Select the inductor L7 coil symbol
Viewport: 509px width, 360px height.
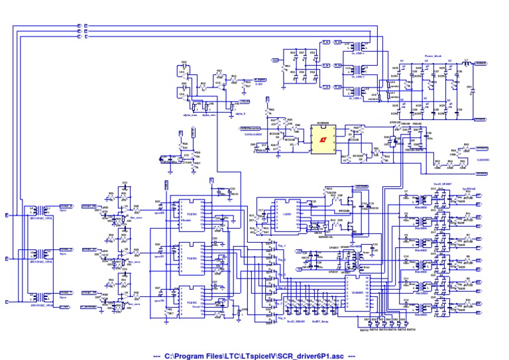pos(468,63)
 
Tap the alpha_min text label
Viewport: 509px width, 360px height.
pos(210,114)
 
